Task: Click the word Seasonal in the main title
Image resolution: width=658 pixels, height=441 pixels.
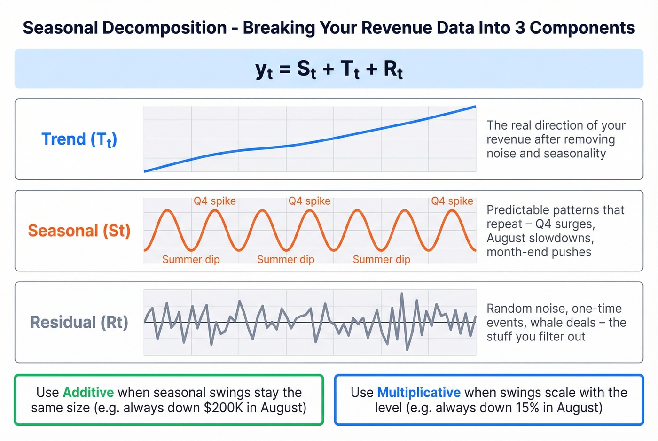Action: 60,28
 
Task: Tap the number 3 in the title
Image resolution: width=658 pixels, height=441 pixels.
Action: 520,28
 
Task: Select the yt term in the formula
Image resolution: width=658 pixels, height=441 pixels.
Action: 264,70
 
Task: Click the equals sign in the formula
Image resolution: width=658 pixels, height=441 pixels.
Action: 285,70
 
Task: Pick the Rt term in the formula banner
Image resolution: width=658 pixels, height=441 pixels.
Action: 393,70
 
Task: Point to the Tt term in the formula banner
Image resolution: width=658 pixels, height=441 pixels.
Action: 350,70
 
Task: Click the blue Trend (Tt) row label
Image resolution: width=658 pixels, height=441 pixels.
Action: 79,139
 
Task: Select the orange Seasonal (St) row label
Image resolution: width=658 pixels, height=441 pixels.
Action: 79,231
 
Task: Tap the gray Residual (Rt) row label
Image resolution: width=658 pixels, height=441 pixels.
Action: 79,322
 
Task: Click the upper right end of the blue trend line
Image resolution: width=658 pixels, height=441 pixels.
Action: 475,107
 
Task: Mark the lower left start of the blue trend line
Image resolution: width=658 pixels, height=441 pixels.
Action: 145,171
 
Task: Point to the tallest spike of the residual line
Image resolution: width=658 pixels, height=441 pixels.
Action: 402,294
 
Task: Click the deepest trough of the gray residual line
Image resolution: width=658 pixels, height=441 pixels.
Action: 407,350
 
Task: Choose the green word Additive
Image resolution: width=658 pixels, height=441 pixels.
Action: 88,392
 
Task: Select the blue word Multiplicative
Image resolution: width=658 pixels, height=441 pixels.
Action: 419,392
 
